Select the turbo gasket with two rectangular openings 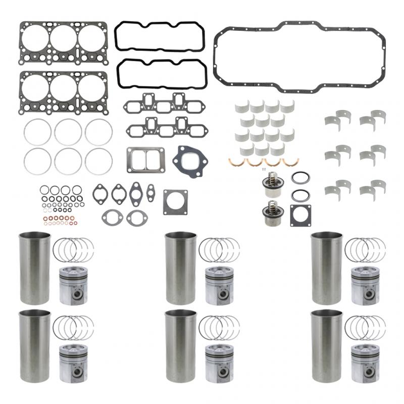coord(145,160)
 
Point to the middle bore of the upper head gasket coord(63,38)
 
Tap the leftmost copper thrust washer coord(236,162)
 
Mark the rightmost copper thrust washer coord(290,162)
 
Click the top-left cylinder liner coord(35,268)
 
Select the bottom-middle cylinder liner coord(181,346)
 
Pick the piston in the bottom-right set coord(365,364)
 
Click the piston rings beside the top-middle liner coord(219,249)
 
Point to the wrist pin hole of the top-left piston coord(77,294)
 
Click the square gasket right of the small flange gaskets coord(175,202)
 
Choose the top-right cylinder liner coord(327,268)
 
